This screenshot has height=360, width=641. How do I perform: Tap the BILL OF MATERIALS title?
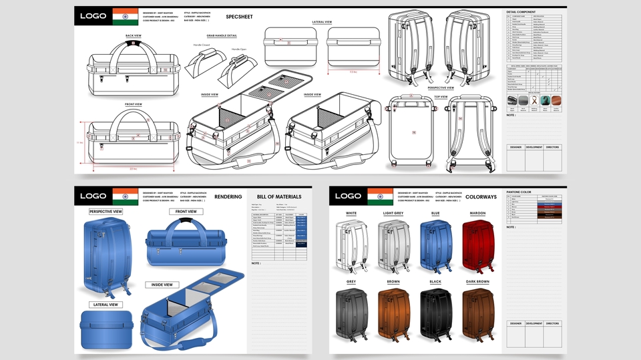tap(279, 197)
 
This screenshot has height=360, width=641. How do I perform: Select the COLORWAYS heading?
tap(481, 196)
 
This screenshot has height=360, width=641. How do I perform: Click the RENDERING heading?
tap(228, 197)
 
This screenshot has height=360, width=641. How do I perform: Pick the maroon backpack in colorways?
tap(481, 246)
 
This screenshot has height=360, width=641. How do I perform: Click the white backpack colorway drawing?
tap(352, 246)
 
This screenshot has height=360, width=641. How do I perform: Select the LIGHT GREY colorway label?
tap(393, 214)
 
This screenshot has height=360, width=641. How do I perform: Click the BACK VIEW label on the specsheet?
tap(133, 35)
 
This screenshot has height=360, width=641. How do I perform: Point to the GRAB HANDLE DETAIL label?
tap(222, 35)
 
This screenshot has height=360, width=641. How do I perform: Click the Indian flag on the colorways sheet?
tap(379, 196)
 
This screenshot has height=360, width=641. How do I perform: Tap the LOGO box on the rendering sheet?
tap(93, 196)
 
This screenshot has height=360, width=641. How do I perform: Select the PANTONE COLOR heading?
tap(519, 192)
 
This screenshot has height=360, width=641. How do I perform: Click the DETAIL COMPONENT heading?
tap(521, 12)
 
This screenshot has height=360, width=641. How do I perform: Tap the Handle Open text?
tap(238, 49)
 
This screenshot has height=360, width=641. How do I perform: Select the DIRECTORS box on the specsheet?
tap(552, 146)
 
